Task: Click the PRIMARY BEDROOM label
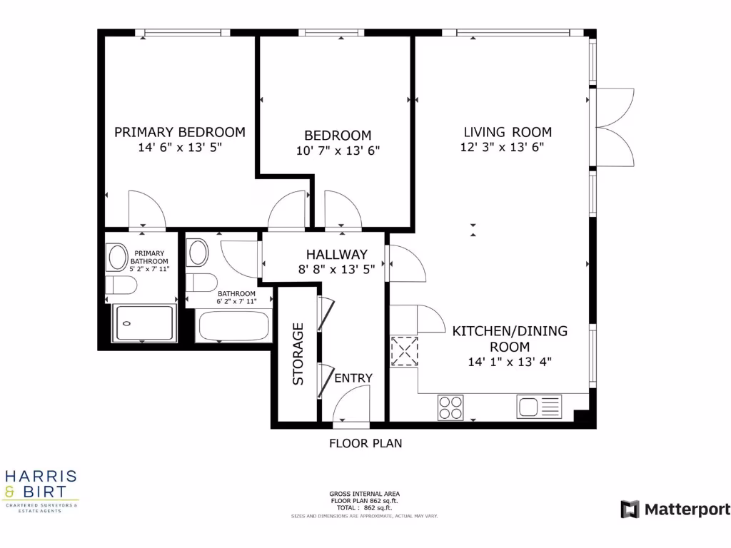pyautogui.click(x=180, y=132)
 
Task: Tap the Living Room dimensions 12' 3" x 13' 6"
pyautogui.click(x=508, y=148)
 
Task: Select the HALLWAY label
pyautogui.click(x=337, y=254)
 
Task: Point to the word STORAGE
pyautogui.click(x=298, y=354)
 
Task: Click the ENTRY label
pyautogui.click(x=353, y=377)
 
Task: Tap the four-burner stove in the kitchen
pyautogui.click(x=450, y=407)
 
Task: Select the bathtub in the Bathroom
pyautogui.click(x=233, y=326)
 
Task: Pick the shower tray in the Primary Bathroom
pyautogui.click(x=144, y=324)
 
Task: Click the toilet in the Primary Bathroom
pyautogui.click(x=121, y=286)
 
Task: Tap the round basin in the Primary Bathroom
pyautogui.click(x=116, y=257)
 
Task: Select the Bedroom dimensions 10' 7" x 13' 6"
pyautogui.click(x=338, y=151)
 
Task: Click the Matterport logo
pyautogui.click(x=675, y=509)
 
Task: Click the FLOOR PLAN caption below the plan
pyautogui.click(x=365, y=443)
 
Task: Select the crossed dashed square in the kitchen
pyautogui.click(x=405, y=351)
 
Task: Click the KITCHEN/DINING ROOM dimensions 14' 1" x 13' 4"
pyautogui.click(x=510, y=362)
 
